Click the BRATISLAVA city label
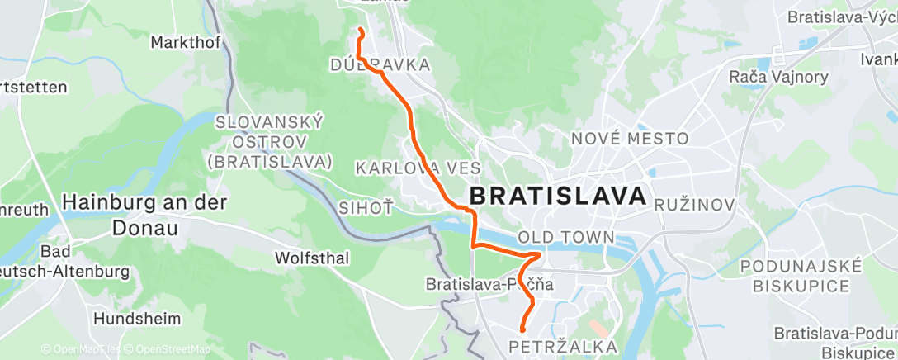pos(557,197)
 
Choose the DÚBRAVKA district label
pos(380,64)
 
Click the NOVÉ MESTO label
pos(629,139)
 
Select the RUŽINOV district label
pos(694,203)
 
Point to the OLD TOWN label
pos(566,238)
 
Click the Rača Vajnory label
pos(767,76)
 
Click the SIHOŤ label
pos(366,206)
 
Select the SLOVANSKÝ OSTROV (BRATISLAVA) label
pos(270,141)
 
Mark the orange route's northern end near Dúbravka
pos(360,31)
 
